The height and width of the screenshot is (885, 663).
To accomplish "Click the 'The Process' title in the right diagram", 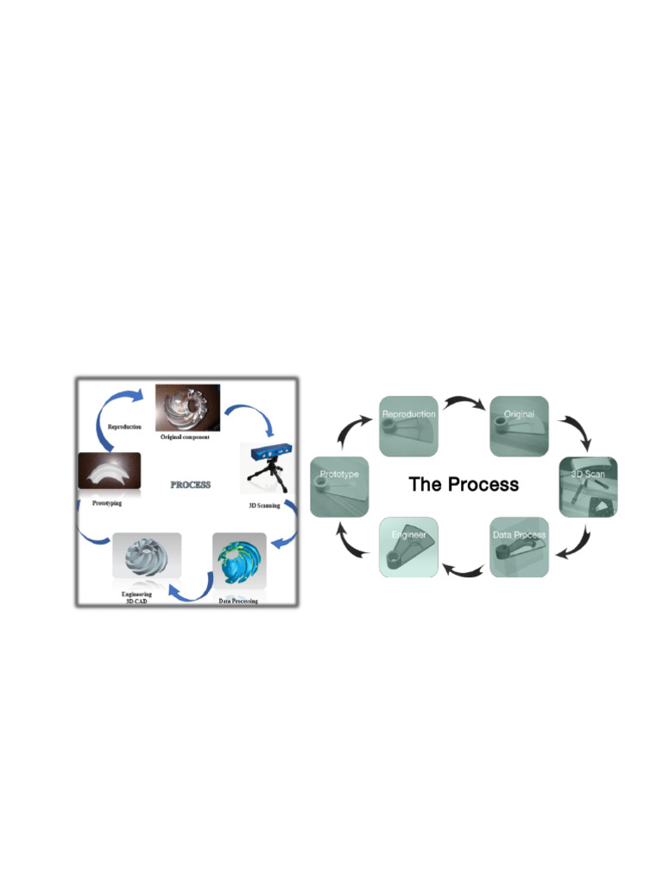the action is click(x=464, y=484).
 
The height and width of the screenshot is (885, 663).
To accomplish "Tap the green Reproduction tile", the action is click(x=409, y=426).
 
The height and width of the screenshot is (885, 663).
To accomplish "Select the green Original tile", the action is click(x=519, y=426).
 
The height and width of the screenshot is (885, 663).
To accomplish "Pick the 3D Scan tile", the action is click(x=588, y=487).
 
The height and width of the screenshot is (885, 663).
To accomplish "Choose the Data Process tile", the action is click(x=519, y=546).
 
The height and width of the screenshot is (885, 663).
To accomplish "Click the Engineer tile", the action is click(x=409, y=546).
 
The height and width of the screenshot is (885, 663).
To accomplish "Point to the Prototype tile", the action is click(x=339, y=487).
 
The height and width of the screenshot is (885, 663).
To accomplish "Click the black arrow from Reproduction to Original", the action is click(x=464, y=404).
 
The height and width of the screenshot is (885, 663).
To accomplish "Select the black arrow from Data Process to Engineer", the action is click(x=464, y=568).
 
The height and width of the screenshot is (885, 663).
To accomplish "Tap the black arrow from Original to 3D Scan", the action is click(x=573, y=430).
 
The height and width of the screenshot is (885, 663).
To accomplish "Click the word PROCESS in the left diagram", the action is click(x=190, y=485).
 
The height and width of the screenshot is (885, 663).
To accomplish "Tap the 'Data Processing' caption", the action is click(x=237, y=600).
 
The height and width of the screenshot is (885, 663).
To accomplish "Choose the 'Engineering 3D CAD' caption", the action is click(x=136, y=598).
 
